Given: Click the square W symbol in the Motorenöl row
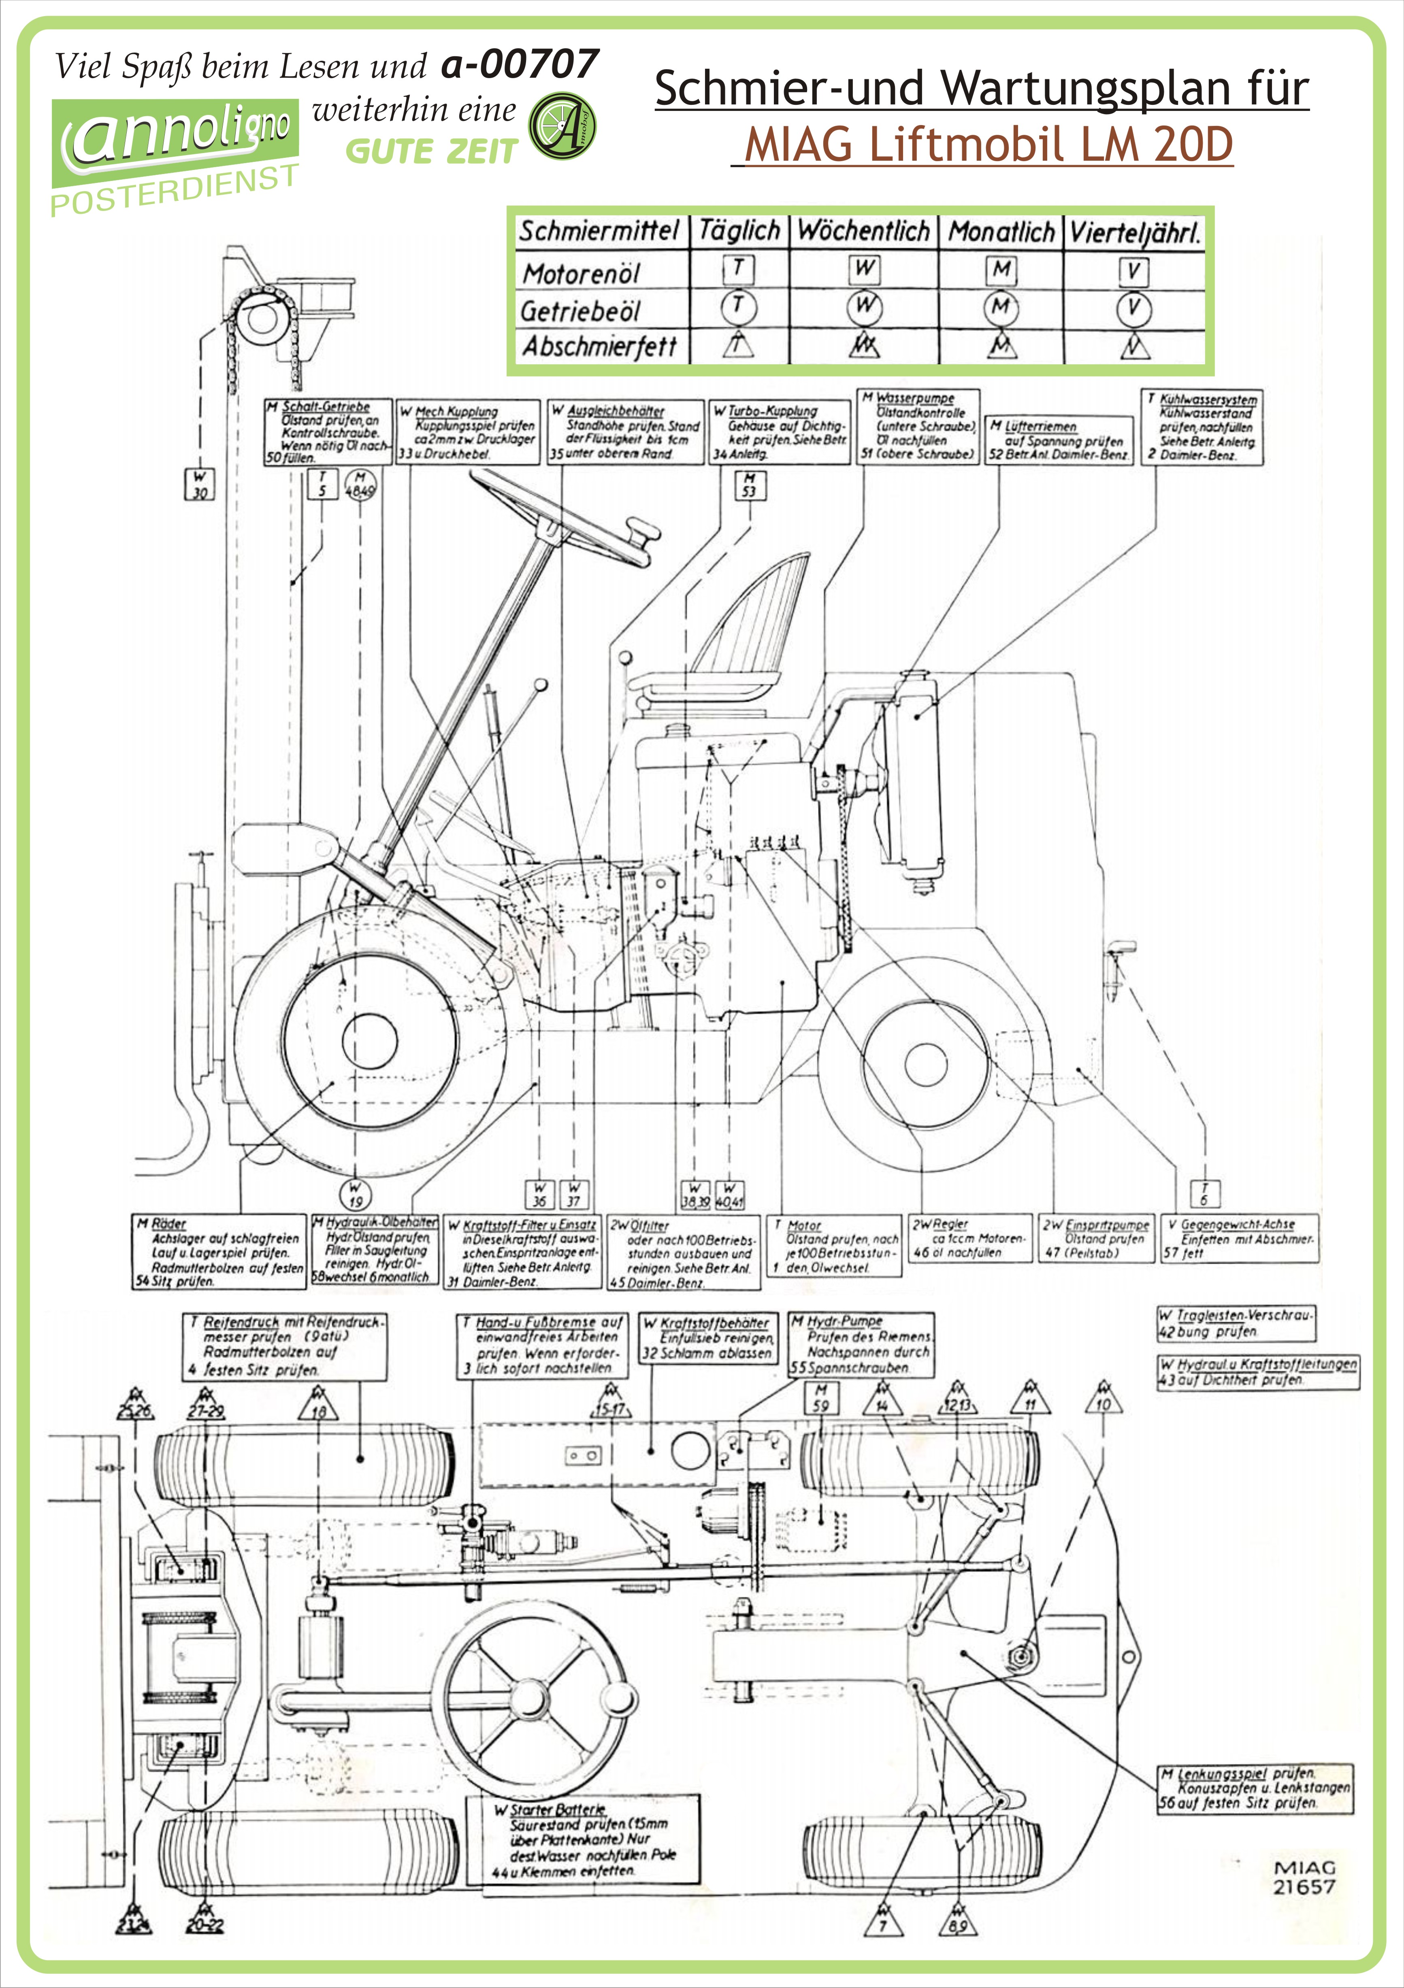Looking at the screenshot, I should click(x=865, y=269).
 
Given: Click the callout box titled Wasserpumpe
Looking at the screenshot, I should click(x=918, y=426).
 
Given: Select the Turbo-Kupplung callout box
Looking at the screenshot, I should click(x=780, y=432).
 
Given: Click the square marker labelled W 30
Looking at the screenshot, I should click(x=200, y=484).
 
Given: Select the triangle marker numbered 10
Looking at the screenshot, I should click(x=1103, y=1401).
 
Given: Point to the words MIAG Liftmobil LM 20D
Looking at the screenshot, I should click(x=987, y=145).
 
